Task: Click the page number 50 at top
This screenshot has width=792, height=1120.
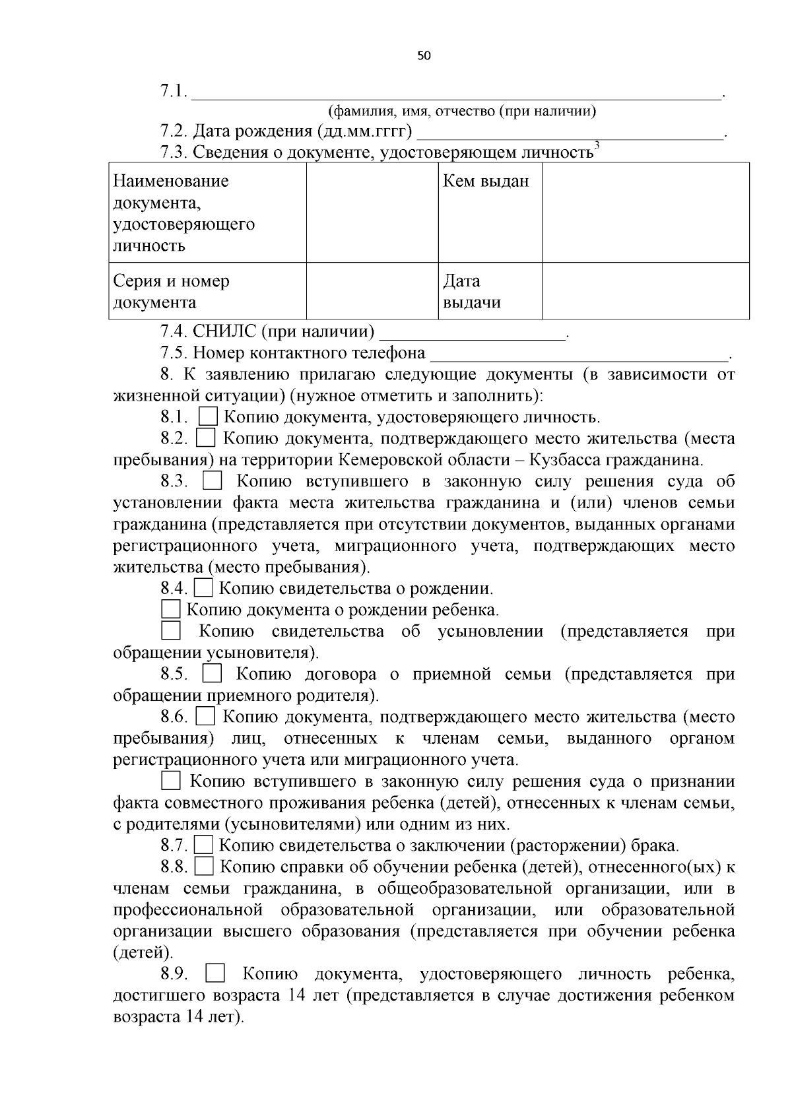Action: [424, 56]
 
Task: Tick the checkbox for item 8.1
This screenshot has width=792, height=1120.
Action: [209, 416]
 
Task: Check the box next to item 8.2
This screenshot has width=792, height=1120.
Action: [206, 438]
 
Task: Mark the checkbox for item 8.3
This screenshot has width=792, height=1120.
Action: [212, 481]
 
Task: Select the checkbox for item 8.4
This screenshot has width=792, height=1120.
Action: [203, 587]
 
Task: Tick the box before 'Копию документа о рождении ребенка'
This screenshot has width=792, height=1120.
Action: [171, 609]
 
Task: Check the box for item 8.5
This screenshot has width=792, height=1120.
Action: [212, 674]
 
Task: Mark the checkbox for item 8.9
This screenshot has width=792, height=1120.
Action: [215, 973]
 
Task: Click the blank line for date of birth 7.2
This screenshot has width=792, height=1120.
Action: [570, 133]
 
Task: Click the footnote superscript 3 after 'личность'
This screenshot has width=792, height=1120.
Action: [597, 145]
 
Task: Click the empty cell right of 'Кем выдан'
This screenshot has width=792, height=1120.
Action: [645, 212]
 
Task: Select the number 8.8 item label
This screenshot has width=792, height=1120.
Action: [174, 867]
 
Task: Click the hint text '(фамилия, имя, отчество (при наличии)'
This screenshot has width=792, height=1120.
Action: [462, 111]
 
